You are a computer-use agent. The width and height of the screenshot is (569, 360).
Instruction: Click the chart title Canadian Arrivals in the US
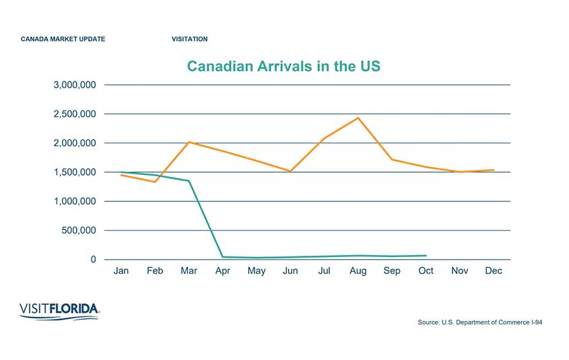283,67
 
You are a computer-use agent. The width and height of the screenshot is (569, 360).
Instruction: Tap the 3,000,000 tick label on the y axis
74,85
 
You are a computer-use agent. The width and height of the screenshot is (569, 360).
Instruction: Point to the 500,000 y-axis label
79,231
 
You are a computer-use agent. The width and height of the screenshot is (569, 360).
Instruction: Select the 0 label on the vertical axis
94,260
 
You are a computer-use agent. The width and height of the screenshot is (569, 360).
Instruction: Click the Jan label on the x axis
121,271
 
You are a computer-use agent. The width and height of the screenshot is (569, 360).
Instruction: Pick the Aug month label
358,271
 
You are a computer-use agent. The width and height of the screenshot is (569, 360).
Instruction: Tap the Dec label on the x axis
494,271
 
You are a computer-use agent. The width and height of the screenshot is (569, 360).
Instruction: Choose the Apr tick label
222,271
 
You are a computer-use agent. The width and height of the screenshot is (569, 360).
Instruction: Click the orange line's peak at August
358,118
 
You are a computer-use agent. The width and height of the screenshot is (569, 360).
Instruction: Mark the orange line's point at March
189,142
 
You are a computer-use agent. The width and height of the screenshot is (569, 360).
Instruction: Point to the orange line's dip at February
155,182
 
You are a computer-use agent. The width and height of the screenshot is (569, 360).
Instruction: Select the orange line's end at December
494,170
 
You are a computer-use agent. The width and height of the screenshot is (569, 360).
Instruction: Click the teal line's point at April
222,257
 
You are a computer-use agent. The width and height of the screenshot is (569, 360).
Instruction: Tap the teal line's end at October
426,256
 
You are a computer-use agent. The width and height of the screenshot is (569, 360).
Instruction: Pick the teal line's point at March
189,181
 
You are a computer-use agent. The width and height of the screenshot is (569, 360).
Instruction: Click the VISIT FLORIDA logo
60,310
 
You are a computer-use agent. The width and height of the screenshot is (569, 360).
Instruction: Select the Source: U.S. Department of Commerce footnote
479,323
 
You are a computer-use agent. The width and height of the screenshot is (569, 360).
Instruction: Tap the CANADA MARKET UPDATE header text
63,39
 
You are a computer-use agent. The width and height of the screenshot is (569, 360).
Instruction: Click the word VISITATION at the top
190,39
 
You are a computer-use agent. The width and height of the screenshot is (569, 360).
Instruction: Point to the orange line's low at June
290,171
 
